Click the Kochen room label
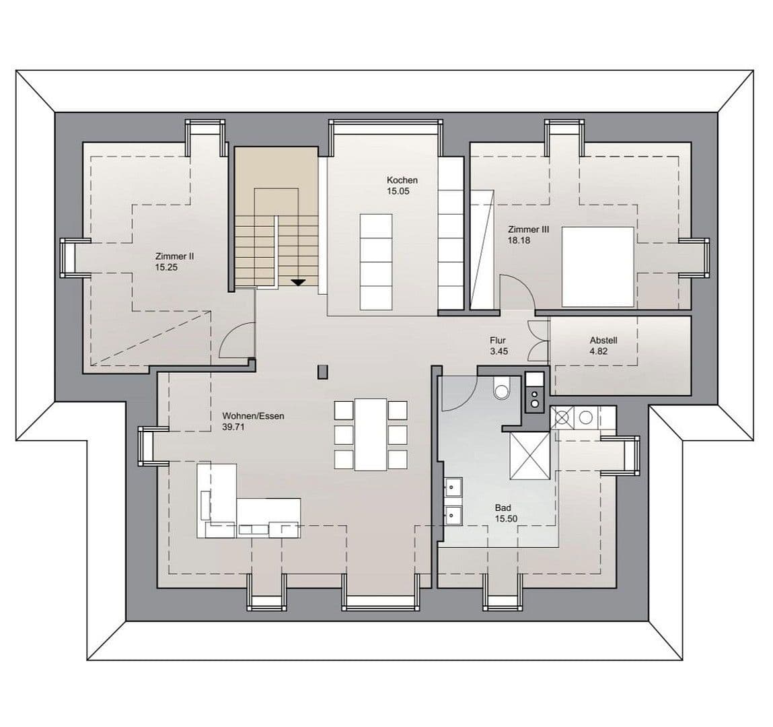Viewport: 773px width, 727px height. point(402,180)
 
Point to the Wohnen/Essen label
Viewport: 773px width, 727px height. point(253,416)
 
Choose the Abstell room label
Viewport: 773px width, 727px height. point(603,340)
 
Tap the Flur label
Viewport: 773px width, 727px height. point(498,341)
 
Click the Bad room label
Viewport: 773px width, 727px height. point(503,508)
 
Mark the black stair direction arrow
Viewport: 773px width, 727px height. point(298,282)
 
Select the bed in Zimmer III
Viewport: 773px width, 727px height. point(597,267)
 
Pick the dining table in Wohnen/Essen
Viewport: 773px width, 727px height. point(371,434)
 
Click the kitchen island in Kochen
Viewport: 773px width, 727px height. point(375,261)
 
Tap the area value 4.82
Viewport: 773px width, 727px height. point(599,351)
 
